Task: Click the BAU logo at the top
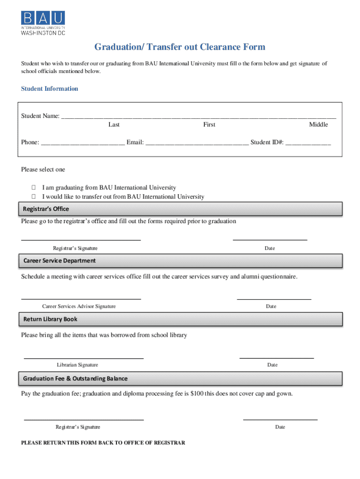[43, 23]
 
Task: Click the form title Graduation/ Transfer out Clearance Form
[180, 47]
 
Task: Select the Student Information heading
[50, 89]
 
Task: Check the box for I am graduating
[34, 188]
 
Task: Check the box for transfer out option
[34, 196]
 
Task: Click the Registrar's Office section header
[46, 209]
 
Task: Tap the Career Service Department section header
[59, 261]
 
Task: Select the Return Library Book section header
[50, 319]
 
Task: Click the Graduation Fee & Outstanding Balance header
[75, 378]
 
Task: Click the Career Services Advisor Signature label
[79, 306]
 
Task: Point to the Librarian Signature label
[78, 365]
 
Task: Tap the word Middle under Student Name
[318, 124]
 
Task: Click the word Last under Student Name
[114, 124]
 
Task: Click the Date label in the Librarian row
[273, 365]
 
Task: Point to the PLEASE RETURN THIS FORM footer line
[103, 443]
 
